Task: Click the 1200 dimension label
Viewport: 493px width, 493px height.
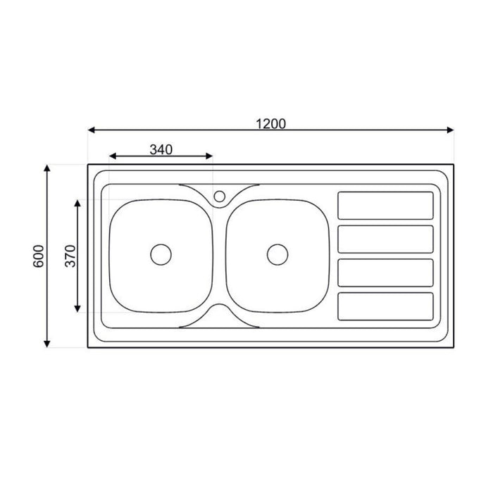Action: coord(270,123)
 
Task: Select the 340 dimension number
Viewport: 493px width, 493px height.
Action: coord(161,149)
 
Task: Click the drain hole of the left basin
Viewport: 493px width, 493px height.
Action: coord(161,254)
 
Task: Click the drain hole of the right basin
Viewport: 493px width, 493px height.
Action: coord(277,254)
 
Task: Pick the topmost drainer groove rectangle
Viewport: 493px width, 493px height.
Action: coord(385,205)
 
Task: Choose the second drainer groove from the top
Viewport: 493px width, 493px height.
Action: coord(385,239)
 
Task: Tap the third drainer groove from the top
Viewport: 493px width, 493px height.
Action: coord(385,272)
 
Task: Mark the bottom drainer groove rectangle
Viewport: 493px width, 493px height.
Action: coord(385,305)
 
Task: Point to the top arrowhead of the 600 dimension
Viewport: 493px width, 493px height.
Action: coord(47,168)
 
